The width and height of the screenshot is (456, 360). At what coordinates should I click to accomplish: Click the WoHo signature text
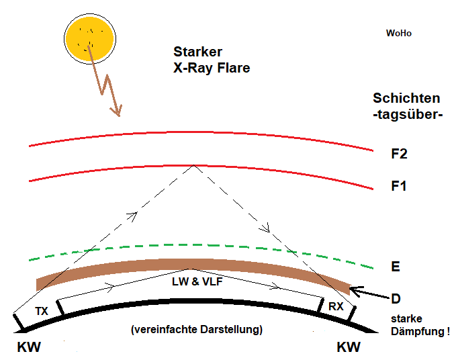398,33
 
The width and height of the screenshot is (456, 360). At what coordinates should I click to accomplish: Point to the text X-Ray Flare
212,68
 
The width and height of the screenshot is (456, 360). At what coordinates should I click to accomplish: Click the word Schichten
407,98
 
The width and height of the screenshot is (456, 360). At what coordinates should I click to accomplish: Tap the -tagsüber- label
408,114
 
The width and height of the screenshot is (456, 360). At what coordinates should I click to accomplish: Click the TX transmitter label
42,312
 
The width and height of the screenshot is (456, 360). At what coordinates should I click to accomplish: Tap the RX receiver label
336,306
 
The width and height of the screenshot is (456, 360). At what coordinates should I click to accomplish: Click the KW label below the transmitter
28,347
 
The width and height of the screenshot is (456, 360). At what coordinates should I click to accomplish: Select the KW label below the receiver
348,347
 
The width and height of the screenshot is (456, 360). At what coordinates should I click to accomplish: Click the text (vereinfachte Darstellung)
197,330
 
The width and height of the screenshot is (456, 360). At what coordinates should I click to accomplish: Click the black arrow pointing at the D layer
368,291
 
